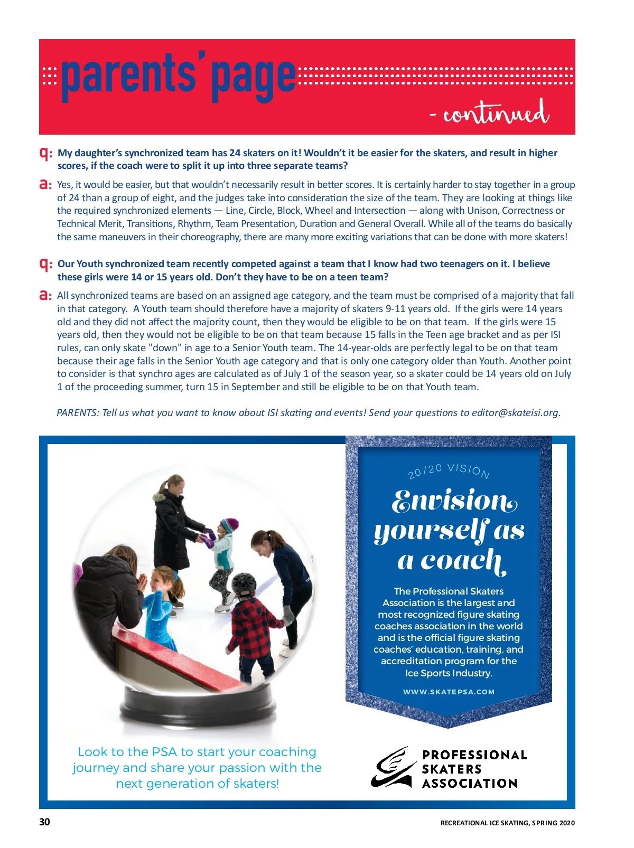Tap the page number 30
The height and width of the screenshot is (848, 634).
point(45,822)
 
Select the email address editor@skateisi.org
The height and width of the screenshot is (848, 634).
point(515,413)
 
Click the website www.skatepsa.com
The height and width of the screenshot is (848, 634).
point(449,692)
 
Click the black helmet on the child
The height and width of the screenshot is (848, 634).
point(244,585)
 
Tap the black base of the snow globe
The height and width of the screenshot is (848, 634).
point(198,705)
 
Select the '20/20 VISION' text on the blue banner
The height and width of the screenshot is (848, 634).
point(449,470)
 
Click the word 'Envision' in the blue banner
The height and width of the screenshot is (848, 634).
point(454,501)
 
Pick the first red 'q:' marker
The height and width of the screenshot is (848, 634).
point(46,153)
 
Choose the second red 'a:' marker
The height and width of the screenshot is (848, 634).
point(46,296)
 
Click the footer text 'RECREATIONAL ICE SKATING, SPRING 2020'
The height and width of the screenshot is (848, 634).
point(507,823)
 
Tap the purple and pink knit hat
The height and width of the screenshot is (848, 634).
point(229,525)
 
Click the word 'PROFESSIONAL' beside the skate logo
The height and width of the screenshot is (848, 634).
point(474,755)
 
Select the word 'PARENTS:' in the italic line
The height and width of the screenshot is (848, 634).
point(77,413)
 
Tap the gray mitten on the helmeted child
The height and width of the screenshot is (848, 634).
point(288,615)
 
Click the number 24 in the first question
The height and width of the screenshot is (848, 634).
point(235,153)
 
